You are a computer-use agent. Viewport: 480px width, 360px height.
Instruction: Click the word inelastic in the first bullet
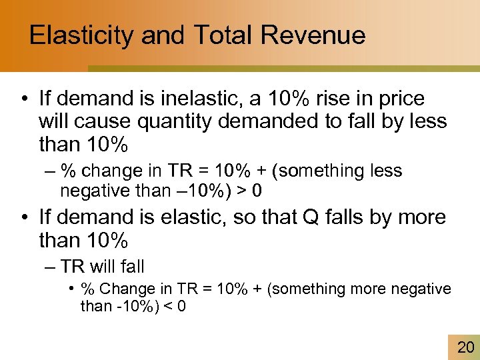[x=203, y=99]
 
